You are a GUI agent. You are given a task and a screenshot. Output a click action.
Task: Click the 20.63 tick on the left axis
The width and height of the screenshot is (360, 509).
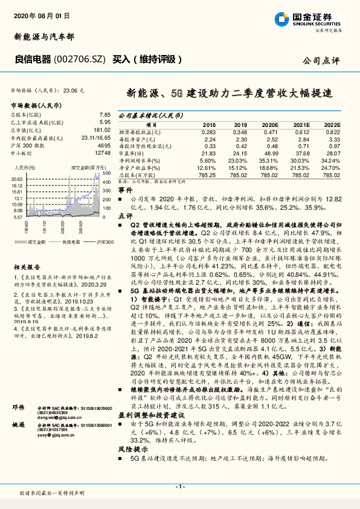coord(17,179)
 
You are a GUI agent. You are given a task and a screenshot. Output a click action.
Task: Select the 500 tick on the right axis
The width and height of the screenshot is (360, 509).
coord(105,173)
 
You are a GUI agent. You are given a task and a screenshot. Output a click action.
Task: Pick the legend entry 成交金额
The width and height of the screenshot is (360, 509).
coord(37,241)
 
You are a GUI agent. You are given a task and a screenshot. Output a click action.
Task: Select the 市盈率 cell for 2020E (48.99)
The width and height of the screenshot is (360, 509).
coord(269,154)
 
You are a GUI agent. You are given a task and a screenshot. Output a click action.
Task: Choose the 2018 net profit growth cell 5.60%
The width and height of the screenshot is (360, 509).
coord(207,161)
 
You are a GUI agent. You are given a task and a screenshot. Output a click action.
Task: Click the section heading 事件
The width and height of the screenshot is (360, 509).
coord(124,190)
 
